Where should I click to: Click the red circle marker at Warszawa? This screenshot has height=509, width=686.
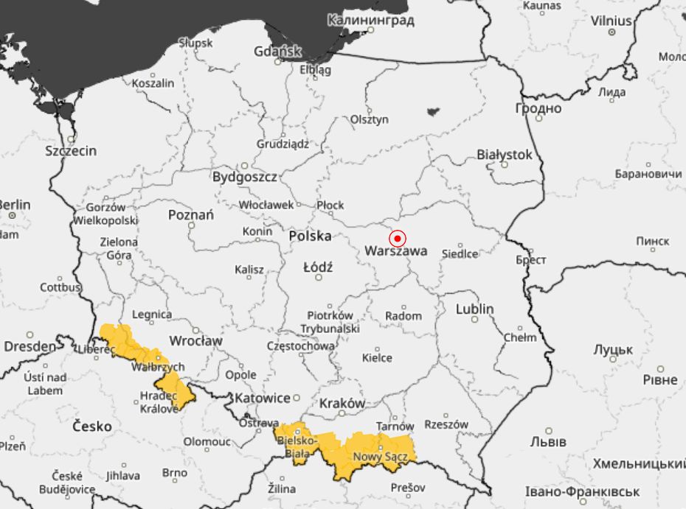coord(398,239)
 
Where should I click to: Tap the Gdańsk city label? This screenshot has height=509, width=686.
coord(277,52)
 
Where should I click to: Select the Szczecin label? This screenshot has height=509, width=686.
coord(71,151)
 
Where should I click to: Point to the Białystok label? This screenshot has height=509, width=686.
coord(505,155)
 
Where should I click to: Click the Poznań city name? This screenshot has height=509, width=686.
coord(191,215)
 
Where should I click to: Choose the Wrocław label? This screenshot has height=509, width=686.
coord(195,341)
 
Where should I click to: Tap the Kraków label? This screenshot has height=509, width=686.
coord(342,404)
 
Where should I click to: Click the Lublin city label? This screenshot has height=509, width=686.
coord(474,309)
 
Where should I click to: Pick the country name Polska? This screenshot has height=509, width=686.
coord(310,236)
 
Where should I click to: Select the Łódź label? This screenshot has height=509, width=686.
coord(318,267)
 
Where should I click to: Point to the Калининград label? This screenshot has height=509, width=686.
coord(370,20)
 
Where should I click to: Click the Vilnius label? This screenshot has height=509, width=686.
coord(611,21)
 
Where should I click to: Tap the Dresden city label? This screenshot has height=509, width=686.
coord(30,346)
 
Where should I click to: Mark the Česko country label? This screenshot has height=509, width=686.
coord(92,426)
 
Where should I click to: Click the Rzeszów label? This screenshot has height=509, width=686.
coord(446,424)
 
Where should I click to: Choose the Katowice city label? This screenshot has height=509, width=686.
coord(262,399)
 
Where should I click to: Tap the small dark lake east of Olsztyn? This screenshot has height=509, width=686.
coord(433,112)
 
